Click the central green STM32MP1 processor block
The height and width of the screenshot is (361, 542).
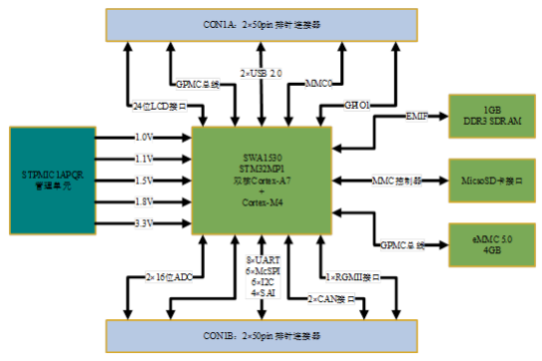tap(262, 179)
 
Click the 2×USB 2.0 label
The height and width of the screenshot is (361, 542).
tap(262, 73)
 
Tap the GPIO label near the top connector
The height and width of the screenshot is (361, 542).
tap(357, 104)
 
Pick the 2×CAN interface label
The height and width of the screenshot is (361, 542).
tap(328, 298)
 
